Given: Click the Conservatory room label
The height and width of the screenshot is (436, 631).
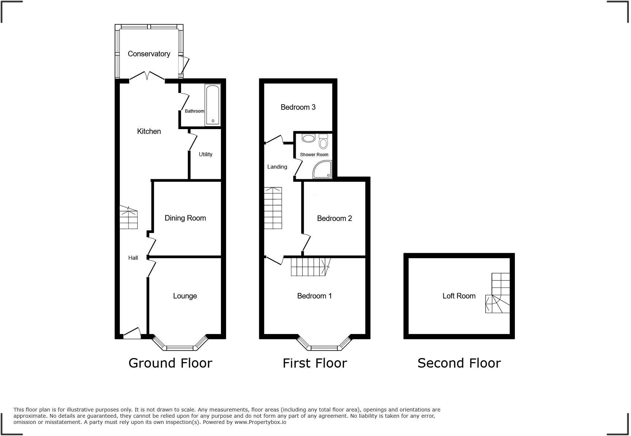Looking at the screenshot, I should (x=149, y=54).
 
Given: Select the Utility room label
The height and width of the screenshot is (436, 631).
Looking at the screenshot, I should (x=205, y=154).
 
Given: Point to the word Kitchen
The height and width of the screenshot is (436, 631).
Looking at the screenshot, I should (x=149, y=131).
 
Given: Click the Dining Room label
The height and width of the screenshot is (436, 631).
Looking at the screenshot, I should (x=185, y=218).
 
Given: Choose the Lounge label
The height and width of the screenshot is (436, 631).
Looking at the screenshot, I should (x=185, y=296).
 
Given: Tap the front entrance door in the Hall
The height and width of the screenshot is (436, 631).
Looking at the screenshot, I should (x=132, y=334).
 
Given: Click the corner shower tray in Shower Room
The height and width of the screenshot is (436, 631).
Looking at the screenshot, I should (x=322, y=170).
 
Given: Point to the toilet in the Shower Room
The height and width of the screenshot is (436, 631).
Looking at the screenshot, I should (x=324, y=140).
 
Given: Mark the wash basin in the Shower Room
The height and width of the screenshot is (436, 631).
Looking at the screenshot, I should (x=309, y=138).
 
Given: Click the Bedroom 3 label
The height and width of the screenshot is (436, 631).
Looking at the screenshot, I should (x=298, y=107).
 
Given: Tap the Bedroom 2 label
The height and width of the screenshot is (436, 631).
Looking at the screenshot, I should (x=334, y=218).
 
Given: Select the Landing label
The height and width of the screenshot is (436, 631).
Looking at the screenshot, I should (x=277, y=167).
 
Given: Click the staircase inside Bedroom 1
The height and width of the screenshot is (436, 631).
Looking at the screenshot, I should (x=310, y=267).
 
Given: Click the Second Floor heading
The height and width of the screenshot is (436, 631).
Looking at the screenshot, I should (x=459, y=363).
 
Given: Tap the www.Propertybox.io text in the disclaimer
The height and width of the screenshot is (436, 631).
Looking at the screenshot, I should (x=260, y=422).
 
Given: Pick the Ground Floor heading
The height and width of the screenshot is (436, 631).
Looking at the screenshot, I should (x=170, y=363).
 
